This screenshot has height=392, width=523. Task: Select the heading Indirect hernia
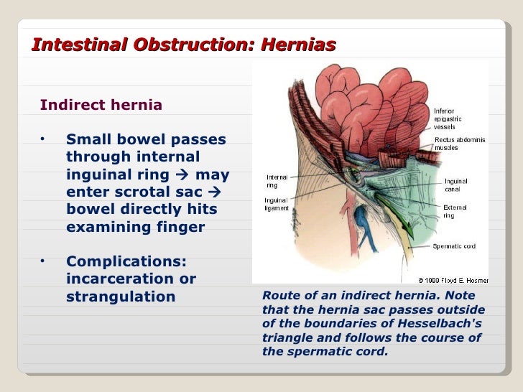coord(101,106)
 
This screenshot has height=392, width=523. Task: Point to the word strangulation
coord(120,297)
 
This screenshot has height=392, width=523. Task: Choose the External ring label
coord(454,210)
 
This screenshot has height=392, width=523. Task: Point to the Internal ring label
coord(277,181)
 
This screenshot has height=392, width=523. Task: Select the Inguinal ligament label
coord(277,204)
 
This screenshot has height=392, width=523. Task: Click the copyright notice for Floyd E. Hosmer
coord(453,279)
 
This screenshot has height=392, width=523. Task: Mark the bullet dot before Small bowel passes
coord(43,139)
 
